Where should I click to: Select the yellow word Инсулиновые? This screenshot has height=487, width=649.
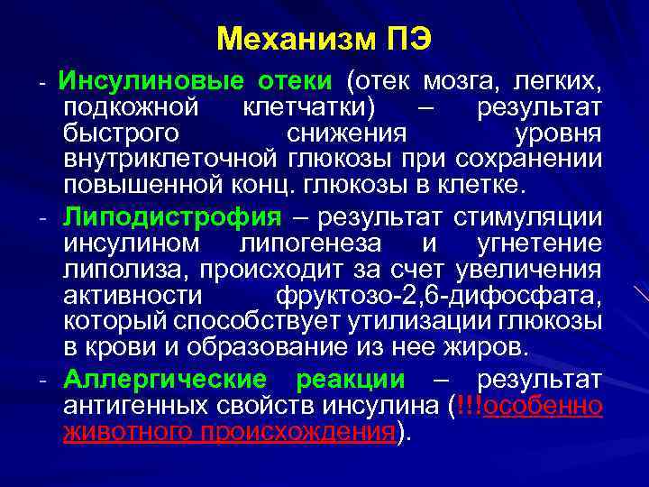[x=151, y=82]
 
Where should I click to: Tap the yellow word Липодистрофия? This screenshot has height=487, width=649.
[x=172, y=217]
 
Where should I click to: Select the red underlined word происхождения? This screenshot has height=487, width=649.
[x=294, y=432]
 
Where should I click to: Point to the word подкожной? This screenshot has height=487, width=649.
[x=131, y=109]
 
